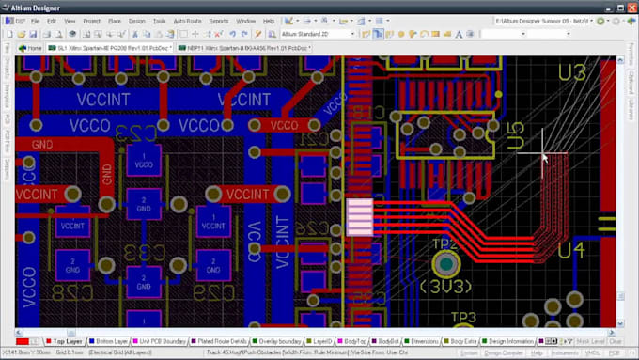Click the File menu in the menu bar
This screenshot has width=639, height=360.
tap(34, 20)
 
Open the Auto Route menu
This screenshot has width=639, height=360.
tap(188, 20)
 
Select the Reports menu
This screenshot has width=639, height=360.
tap(218, 20)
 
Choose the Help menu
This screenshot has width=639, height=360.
tap(270, 20)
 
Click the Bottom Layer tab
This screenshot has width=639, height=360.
tap(113, 341)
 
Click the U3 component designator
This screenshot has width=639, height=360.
tap(571, 72)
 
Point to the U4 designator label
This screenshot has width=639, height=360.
tap(571, 251)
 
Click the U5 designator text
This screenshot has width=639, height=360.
tap(515, 136)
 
